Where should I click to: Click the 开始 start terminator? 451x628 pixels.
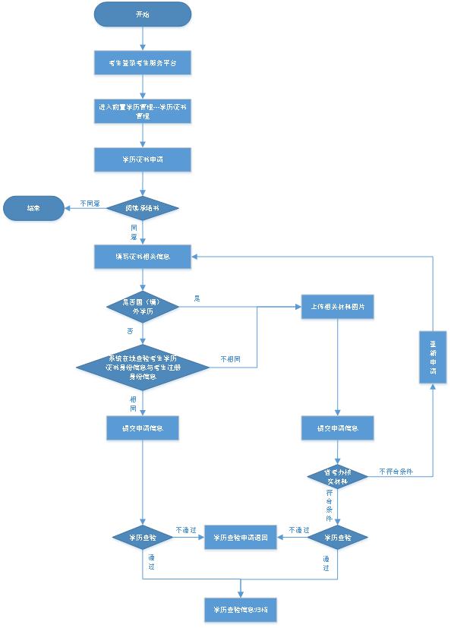(143, 14)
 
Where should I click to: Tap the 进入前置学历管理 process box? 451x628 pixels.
(143, 112)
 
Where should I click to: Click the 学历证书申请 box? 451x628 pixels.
(143, 160)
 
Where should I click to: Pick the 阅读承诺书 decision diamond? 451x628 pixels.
(143, 207)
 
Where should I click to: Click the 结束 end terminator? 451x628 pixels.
(34, 207)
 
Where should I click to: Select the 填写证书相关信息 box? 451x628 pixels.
(143, 257)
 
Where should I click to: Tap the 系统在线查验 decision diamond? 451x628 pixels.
(143, 368)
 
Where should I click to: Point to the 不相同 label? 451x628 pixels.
(231, 358)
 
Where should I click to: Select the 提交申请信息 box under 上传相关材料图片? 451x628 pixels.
(338, 428)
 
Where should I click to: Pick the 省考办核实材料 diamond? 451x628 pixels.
(338, 477)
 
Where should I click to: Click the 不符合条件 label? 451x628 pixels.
(395, 472)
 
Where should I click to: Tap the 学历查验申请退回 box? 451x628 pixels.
(241, 538)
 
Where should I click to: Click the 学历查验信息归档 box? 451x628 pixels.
(241, 609)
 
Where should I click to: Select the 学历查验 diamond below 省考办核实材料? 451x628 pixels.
(338, 538)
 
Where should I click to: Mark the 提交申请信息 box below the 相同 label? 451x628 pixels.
(143, 428)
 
